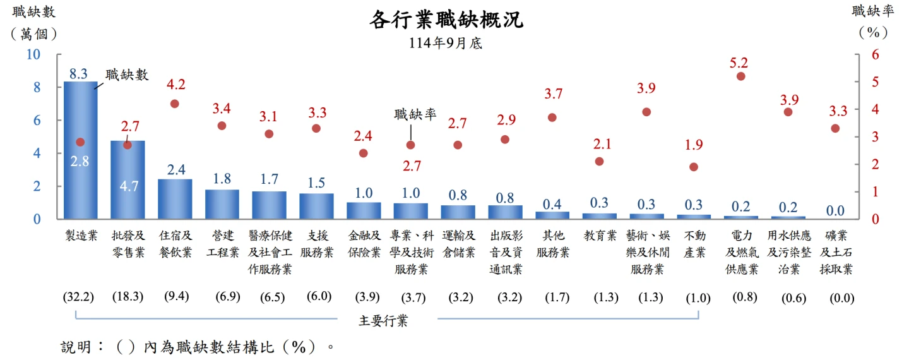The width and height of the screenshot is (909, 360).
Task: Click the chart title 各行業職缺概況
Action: (446, 20)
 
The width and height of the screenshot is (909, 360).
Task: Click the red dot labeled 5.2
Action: (741, 76)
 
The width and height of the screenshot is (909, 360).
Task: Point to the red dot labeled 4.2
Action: (175, 104)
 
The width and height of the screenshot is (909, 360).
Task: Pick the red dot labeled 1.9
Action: (694, 167)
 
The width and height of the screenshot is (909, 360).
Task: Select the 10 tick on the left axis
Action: (33, 54)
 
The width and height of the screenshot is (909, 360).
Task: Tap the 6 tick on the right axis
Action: (875, 54)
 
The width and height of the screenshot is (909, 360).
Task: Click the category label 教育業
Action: (600, 236)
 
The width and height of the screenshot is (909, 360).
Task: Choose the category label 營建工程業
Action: (222, 244)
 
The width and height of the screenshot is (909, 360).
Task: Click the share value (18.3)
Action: (128, 297)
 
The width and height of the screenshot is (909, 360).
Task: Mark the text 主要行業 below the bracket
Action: (383, 321)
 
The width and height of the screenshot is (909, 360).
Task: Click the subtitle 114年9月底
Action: (446, 43)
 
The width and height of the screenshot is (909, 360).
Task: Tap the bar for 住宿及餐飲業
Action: (175, 199)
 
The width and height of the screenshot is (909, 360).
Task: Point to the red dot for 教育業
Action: (600, 161)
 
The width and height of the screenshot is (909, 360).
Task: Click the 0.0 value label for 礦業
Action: (835, 210)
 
